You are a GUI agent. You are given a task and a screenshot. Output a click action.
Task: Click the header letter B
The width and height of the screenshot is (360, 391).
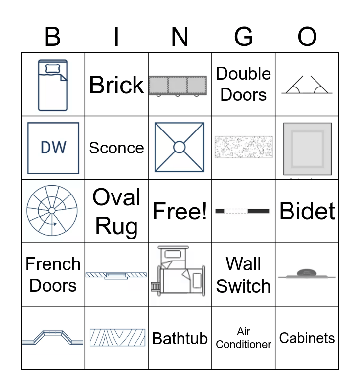52,37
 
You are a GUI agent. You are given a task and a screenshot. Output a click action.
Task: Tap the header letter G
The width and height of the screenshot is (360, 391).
243,37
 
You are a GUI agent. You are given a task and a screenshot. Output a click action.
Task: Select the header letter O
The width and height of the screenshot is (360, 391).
307,37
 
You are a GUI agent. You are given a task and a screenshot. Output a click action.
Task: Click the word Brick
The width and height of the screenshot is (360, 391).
116,85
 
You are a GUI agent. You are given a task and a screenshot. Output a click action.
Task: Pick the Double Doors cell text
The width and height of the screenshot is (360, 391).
244,84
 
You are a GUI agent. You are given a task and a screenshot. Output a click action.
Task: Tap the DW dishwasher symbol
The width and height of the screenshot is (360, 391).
53,148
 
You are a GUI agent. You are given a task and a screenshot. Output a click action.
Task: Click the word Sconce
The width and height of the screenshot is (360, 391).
116,148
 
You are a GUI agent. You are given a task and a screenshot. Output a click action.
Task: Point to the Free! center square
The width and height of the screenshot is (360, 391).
180,211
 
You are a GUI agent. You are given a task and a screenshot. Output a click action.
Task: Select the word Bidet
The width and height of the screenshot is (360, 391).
307,211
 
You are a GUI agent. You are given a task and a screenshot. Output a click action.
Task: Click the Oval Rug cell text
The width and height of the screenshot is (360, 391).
116,211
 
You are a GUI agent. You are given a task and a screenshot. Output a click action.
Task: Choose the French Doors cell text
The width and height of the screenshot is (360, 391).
53,275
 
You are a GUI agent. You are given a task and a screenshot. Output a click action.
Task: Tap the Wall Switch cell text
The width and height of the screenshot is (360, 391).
244,275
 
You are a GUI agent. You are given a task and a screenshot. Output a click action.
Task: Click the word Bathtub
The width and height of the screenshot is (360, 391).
180,338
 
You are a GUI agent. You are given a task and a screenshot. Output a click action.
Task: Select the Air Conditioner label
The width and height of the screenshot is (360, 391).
244,338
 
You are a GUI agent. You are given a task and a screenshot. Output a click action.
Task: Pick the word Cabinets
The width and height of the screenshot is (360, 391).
307,338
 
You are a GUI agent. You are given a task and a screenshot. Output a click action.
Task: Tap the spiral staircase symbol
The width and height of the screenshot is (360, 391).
52,211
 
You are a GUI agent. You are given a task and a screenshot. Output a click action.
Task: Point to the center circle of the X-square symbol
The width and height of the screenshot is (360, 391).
180,147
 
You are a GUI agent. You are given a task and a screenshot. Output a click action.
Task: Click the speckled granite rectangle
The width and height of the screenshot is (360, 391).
244,147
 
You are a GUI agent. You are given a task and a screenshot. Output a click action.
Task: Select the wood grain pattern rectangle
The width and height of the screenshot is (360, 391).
117,338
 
